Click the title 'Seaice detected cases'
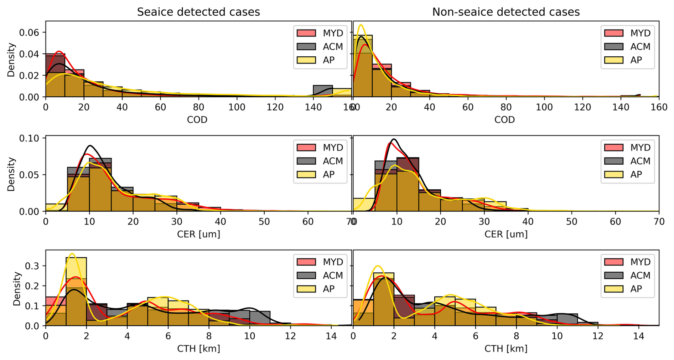(198, 12)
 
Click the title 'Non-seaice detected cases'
(505, 12)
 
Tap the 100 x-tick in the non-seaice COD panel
(544, 107)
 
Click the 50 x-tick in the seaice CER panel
(264, 222)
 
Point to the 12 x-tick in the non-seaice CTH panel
(598, 336)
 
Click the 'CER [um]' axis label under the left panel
(198, 234)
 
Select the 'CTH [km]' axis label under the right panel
(505, 349)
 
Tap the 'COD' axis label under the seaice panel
(197, 120)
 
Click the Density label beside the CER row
(11, 174)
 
